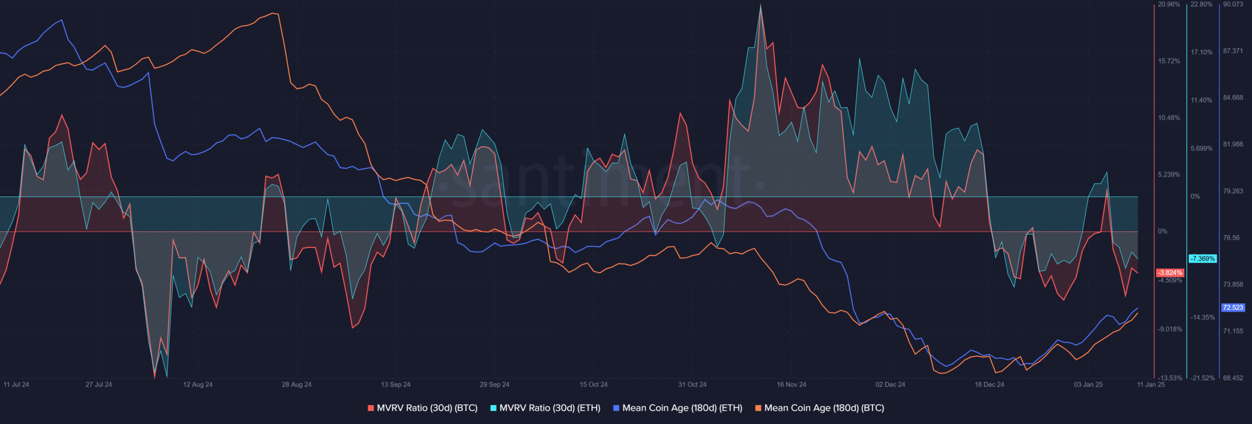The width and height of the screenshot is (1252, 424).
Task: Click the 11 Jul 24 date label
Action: point(16,384)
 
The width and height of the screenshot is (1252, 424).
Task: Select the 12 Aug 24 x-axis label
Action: point(198,384)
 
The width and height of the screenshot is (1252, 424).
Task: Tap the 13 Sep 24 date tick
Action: point(396,384)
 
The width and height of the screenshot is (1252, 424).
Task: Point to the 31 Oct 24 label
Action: point(692,384)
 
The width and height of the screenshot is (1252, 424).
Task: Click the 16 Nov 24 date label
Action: point(791,384)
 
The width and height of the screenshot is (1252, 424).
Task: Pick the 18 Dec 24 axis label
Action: point(989,384)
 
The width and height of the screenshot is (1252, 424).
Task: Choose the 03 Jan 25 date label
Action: point(1088,384)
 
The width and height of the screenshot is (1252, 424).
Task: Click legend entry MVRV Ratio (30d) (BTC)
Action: point(423,408)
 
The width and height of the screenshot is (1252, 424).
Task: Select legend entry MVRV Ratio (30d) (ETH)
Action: point(545,408)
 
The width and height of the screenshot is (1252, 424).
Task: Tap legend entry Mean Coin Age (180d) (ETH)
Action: point(678,408)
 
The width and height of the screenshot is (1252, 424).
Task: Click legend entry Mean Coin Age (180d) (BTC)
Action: point(820,408)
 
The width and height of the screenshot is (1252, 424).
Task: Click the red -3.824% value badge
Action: point(1170,273)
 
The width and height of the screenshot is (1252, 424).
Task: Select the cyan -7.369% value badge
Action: point(1202,259)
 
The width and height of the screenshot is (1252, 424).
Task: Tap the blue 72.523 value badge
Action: point(1233,308)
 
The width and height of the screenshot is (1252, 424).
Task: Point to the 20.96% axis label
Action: point(1169,4)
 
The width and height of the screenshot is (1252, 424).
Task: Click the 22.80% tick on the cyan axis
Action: point(1201,4)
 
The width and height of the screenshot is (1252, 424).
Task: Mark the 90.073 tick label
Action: point(1233,4)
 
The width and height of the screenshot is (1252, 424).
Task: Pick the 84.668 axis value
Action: point(1233,98)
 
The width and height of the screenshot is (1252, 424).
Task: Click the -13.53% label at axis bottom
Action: point(1170,378)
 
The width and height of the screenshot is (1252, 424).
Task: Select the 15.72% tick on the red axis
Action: point(1169,61)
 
